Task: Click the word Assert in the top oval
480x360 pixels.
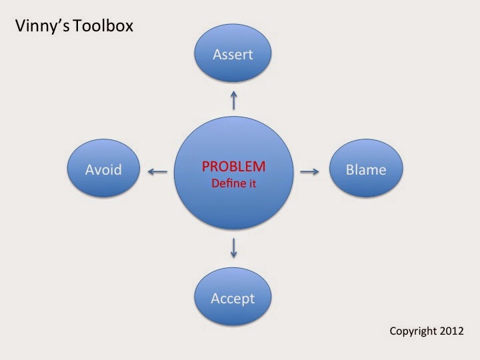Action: (233, 55)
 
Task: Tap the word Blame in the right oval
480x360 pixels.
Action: (366, 170)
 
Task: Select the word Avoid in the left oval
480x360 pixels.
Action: (103, 170)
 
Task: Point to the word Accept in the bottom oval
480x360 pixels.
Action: (233, 298)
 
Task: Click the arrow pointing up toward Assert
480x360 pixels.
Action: (233, 101)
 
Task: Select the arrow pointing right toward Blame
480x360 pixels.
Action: (309, 172)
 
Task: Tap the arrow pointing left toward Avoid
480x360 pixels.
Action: (157, 172)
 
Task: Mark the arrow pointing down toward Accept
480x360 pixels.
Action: (233, 248)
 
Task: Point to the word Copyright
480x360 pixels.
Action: (413, 331)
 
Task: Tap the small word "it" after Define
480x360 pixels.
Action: (252, 182)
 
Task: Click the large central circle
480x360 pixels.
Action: (233, 207)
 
